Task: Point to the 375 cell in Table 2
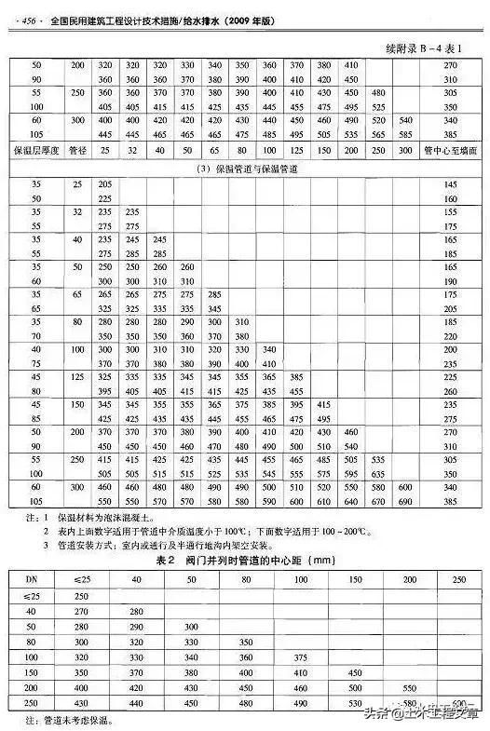pyautogui.click(x=301, y=657)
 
